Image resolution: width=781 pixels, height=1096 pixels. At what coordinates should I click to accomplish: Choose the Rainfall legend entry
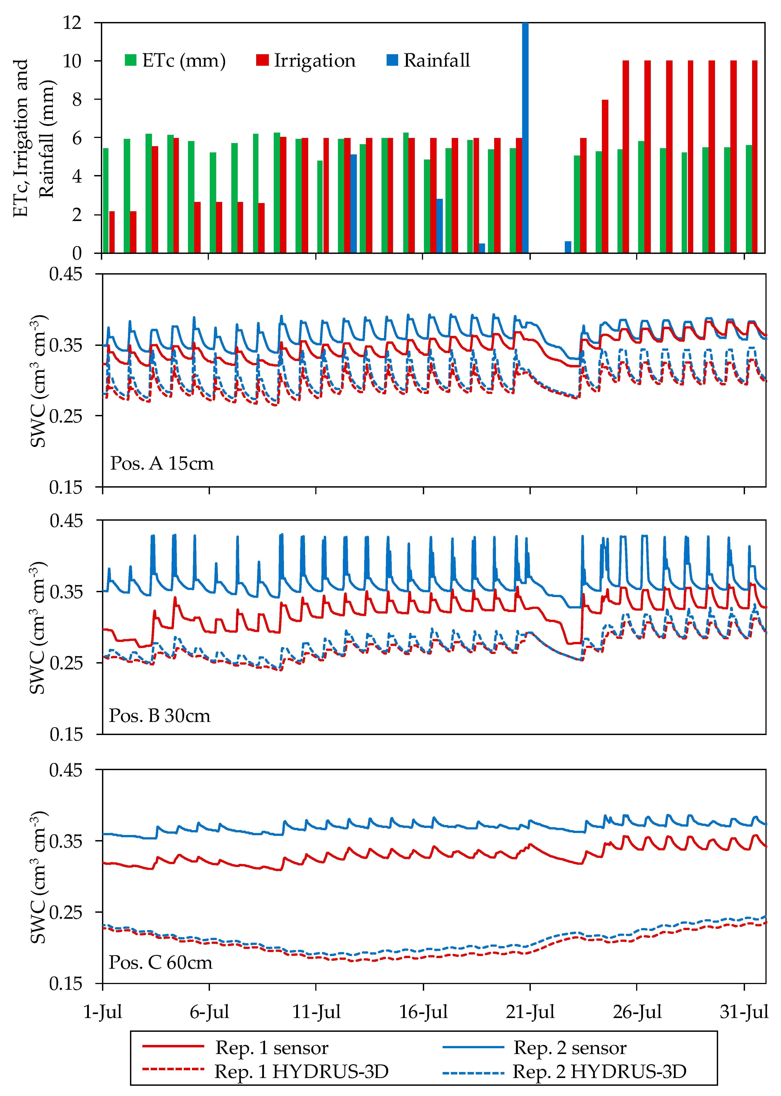[428, 61]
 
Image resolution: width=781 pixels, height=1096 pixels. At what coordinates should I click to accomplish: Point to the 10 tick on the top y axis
[72, 61]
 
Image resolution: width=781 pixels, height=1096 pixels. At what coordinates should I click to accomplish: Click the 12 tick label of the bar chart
[72, 23]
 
